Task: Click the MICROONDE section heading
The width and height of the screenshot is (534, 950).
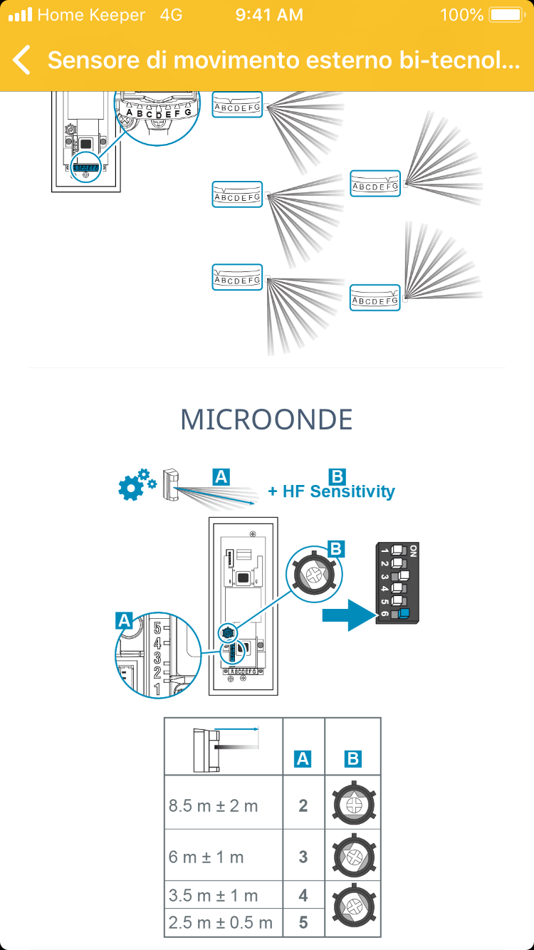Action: pyautogui.click(x=266, y=419)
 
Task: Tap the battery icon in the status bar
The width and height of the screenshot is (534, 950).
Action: pyautogui.click(x=506, y=15)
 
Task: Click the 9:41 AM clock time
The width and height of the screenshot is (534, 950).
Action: pyautogui.click(x=269, y=15)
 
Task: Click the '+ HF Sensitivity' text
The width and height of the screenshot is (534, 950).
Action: pyautogui.click(x=331, y=491)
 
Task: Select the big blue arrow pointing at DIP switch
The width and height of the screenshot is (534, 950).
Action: pyautogui.click(x=348, y=614)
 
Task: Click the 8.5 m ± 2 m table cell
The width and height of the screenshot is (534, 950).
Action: pyautogui.click(x=214, y=806)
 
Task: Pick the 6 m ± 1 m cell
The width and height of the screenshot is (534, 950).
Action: pyautogui.click(x=206, y=857)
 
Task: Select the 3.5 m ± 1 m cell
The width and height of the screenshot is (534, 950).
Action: pyautogui.click(x=214, y=896)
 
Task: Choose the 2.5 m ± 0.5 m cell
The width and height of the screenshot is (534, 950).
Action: pyautogui.click(x=221, y=923)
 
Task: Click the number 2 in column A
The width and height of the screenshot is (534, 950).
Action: pyautogui.click(x=303, y=806)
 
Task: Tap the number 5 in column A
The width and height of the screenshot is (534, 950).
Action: pyautogui.click(x=303, y=923)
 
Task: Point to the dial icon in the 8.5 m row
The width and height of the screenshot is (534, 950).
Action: pyautogui.click(x=354, y=804)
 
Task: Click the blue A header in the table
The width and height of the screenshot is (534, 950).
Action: pyautogui.click(x=303, y=760)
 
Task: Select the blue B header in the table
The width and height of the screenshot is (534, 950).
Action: pyautogui.click(x=352, y=760)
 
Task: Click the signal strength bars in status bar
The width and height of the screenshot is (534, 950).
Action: pyautogui.click(x=21, y=15)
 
